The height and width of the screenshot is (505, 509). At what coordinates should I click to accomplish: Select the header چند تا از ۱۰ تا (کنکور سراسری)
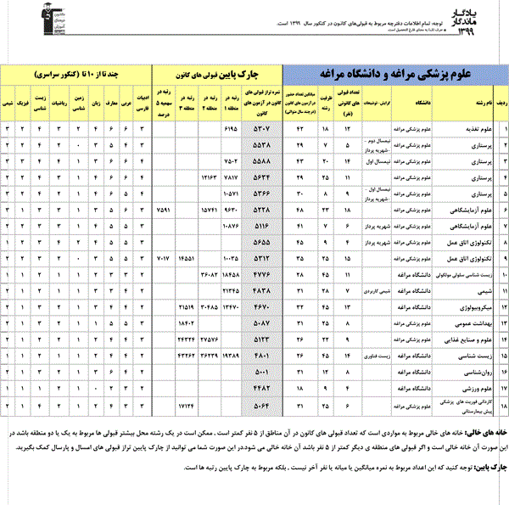pos(81,74)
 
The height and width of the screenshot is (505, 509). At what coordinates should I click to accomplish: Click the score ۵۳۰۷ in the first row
pos(263,130)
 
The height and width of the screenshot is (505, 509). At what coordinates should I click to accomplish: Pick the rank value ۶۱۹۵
pos(233,130)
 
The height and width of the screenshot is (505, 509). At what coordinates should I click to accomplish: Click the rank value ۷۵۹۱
pos(165,207)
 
